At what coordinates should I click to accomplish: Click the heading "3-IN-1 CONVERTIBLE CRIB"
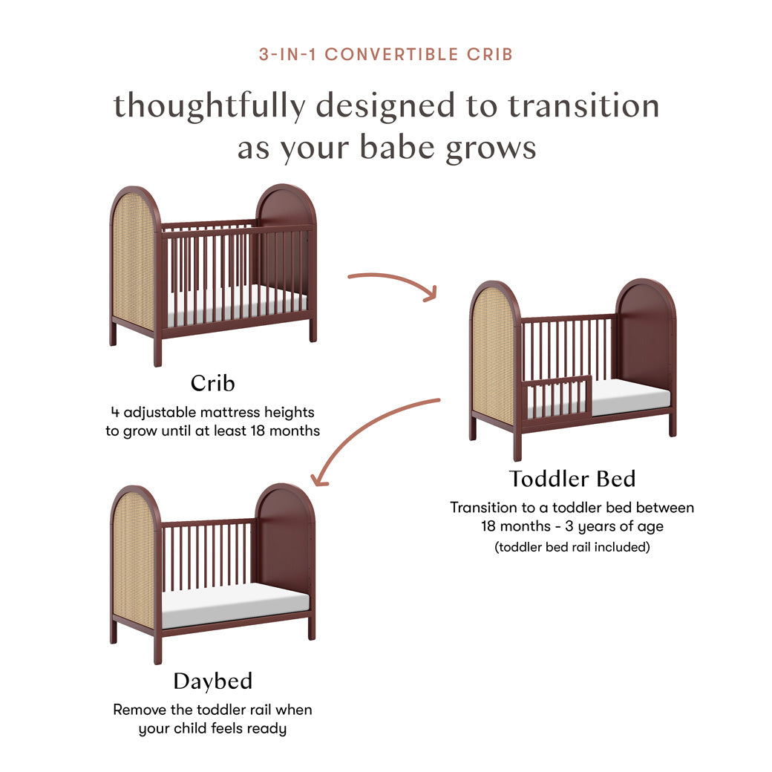pyautogui.click(x=386, y=54)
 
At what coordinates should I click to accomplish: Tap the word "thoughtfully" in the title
pyautogui.click(x=209, y=106)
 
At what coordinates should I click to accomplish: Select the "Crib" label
pyautogui.click(x=213, y=384)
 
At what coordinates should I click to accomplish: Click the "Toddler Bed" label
pyautogui.click(x=572, y=479)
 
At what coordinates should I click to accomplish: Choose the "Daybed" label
pyautogui.click(x=213, y=681)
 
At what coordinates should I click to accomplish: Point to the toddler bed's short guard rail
pyautogui.click(x=558, y=396)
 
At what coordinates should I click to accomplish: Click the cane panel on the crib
pyautogui.click(x=134, y=261)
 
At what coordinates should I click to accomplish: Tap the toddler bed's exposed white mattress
pyautogui.click(x=630, y=396)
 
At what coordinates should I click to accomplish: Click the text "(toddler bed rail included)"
pyautogui.click(x=572, y=547)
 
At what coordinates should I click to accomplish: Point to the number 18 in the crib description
pyautogui.click(x=258, y=431)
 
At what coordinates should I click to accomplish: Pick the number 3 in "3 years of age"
pyautogui.click(x=569, y=526)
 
